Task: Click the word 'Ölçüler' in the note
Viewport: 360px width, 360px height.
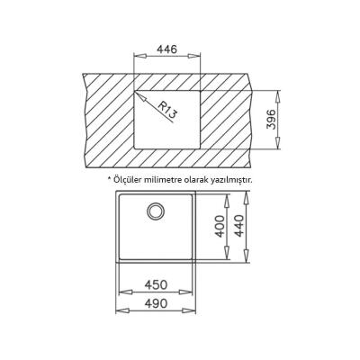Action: click(129, 179)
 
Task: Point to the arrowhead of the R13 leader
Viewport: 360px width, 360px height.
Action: click(136, 91)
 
